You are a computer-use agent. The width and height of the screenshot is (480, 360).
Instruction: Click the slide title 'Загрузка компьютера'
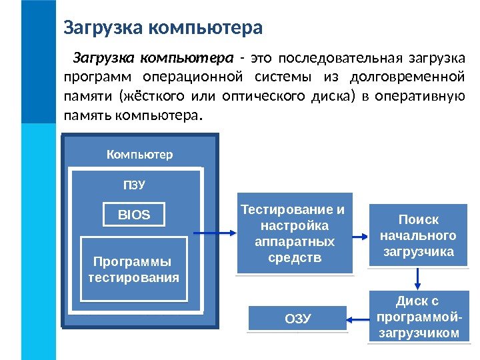(x=163, y=29)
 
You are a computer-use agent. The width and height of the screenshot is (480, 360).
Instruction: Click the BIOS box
(x=134, y=215)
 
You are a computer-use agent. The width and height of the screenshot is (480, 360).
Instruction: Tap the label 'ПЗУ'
(x=134, y=184)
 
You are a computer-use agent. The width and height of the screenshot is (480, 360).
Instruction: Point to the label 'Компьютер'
(x=139, y=155)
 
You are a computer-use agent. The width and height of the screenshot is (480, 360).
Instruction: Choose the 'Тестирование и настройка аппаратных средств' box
(x=293, y=234)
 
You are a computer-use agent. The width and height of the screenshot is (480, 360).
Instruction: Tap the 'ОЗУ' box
(x=297, y=318)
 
